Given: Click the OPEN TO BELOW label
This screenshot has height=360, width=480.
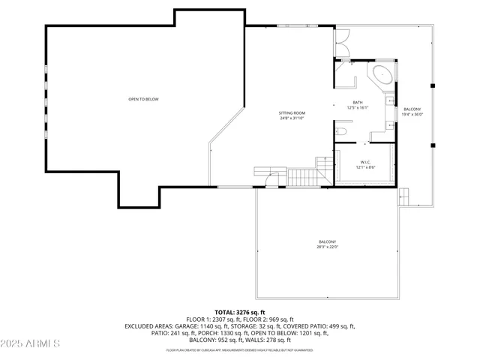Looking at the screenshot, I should [x=143, y=99].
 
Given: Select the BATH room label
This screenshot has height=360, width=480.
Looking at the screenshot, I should [x=358, y=102].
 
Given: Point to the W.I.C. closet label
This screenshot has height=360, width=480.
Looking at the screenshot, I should [x=365, y=162].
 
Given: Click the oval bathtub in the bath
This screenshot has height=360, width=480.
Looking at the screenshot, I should [x=381, y=75].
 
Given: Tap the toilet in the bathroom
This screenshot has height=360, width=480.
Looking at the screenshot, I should [x=341, y=131].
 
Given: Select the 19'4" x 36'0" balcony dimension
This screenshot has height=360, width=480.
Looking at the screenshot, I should [x=412, y=115].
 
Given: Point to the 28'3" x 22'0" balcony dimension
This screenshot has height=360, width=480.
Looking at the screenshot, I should [x=327, y=247].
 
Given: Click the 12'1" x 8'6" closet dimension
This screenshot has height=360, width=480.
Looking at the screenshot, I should [x=365, y=167].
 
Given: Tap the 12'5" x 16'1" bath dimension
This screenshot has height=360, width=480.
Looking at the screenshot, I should [x=358, y=107].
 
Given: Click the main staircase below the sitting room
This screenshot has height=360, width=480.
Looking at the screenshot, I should [x=304, y=178].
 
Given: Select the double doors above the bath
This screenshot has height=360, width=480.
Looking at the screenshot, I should [x=342, y=42].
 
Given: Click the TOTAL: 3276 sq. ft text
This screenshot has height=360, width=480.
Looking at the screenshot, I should [x=240, y=312].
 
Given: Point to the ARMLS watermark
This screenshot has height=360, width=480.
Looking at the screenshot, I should [x=31, y=343].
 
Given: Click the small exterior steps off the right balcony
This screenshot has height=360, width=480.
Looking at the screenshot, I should [x=403, y=196].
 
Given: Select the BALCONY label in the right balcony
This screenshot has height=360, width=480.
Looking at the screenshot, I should [x=412, y=109].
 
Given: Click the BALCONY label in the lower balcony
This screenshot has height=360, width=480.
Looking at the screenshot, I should [x=327, y=241].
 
